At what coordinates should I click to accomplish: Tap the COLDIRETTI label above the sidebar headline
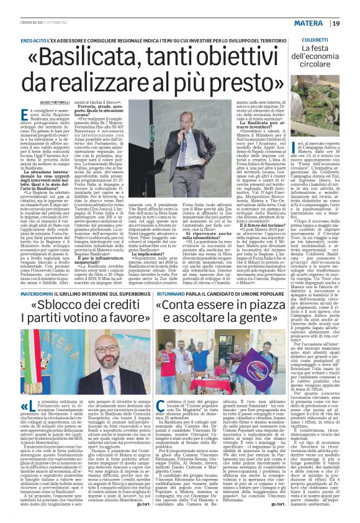tap(316, 39)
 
